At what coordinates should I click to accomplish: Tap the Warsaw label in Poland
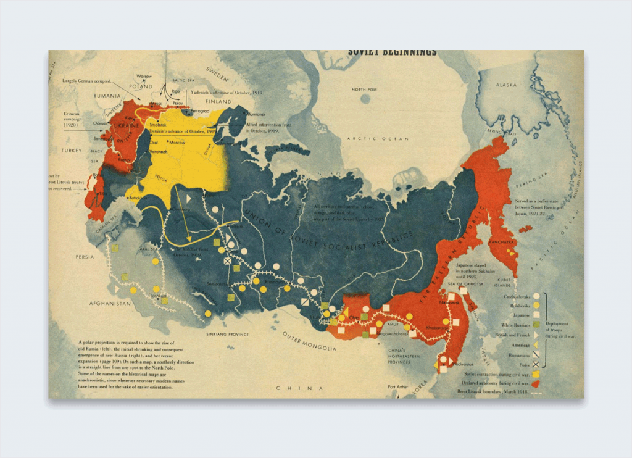144,76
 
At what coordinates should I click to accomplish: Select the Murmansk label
256,114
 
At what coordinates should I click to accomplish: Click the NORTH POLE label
364,90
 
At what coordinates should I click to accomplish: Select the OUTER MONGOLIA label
309,341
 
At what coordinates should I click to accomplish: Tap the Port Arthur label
397,388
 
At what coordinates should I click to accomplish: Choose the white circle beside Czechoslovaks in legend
536,296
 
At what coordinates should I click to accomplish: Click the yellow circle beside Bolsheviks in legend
536,305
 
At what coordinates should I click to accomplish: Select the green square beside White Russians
536,325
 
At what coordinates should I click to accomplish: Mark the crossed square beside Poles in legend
536,365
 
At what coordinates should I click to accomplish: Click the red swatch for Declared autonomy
536,383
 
